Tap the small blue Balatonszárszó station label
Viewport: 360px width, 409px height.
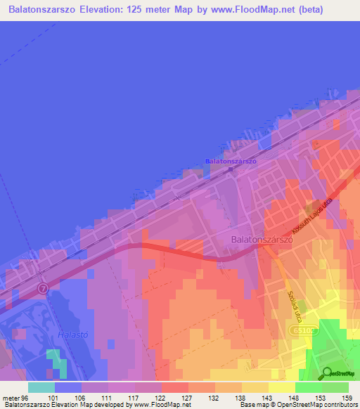(x=231, y=161)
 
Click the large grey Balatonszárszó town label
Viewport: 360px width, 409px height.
(x=262, y=240)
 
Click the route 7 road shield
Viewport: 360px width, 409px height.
(x=43, y=288)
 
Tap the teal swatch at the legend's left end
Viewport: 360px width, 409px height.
(x=41, y=387)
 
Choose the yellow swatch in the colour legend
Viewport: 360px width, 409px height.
(x=281, y=387)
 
